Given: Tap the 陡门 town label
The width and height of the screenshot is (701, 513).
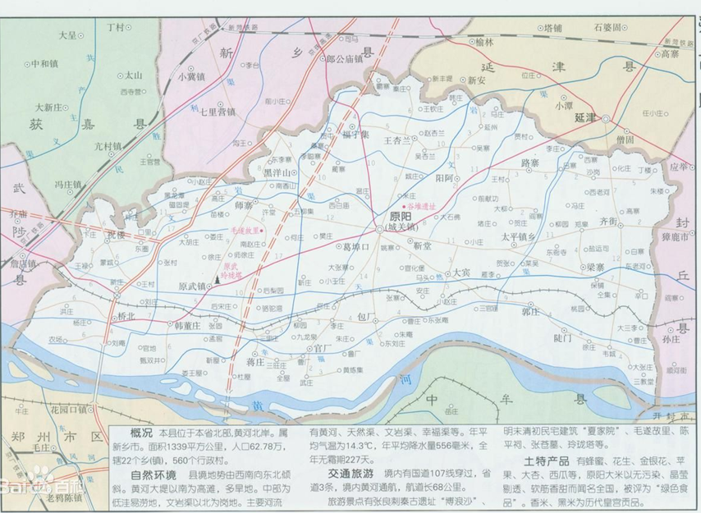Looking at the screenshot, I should pos(562,337).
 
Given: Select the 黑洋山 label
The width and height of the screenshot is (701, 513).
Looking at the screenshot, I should pos(277,173).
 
